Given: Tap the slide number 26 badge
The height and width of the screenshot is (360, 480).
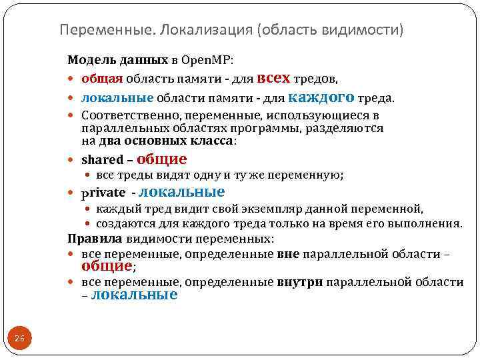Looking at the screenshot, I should click(x=19, y=339).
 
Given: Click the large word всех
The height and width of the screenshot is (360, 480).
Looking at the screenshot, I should click(x=272, y=78).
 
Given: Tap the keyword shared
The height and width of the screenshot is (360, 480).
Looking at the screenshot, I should click(x=102, y=160).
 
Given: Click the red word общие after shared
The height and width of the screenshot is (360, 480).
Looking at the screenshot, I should click(x=161, y=159).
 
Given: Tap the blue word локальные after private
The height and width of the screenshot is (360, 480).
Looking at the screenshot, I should click(x=181, y=192).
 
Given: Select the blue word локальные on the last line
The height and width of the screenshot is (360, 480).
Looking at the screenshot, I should click(x=133, y=295).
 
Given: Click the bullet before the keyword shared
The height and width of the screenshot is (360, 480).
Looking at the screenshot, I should click(x=73, y=161).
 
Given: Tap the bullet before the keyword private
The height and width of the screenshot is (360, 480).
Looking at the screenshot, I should click(x=73, y=194).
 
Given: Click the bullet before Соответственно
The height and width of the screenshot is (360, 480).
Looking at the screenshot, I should click(x=73, y=115).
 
